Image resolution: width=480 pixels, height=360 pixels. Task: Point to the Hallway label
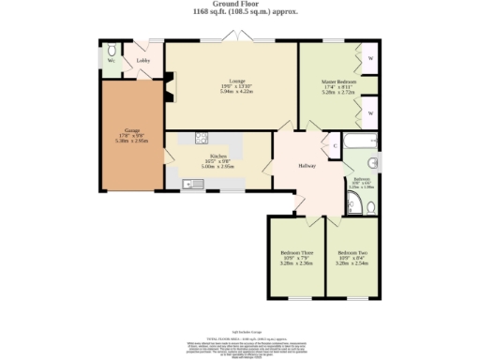[x=307, y=166]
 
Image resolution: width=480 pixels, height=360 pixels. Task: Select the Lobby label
[x=143, y=61]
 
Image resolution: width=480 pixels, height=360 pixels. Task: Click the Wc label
[x=111, y=61]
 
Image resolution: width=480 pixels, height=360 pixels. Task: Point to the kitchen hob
[x=200, y=138]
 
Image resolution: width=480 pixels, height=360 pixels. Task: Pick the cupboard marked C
[x=335, y=145]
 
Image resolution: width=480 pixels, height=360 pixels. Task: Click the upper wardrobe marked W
[x=371, y=57]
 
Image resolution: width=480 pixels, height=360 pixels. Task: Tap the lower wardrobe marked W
[x=371, y=112]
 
